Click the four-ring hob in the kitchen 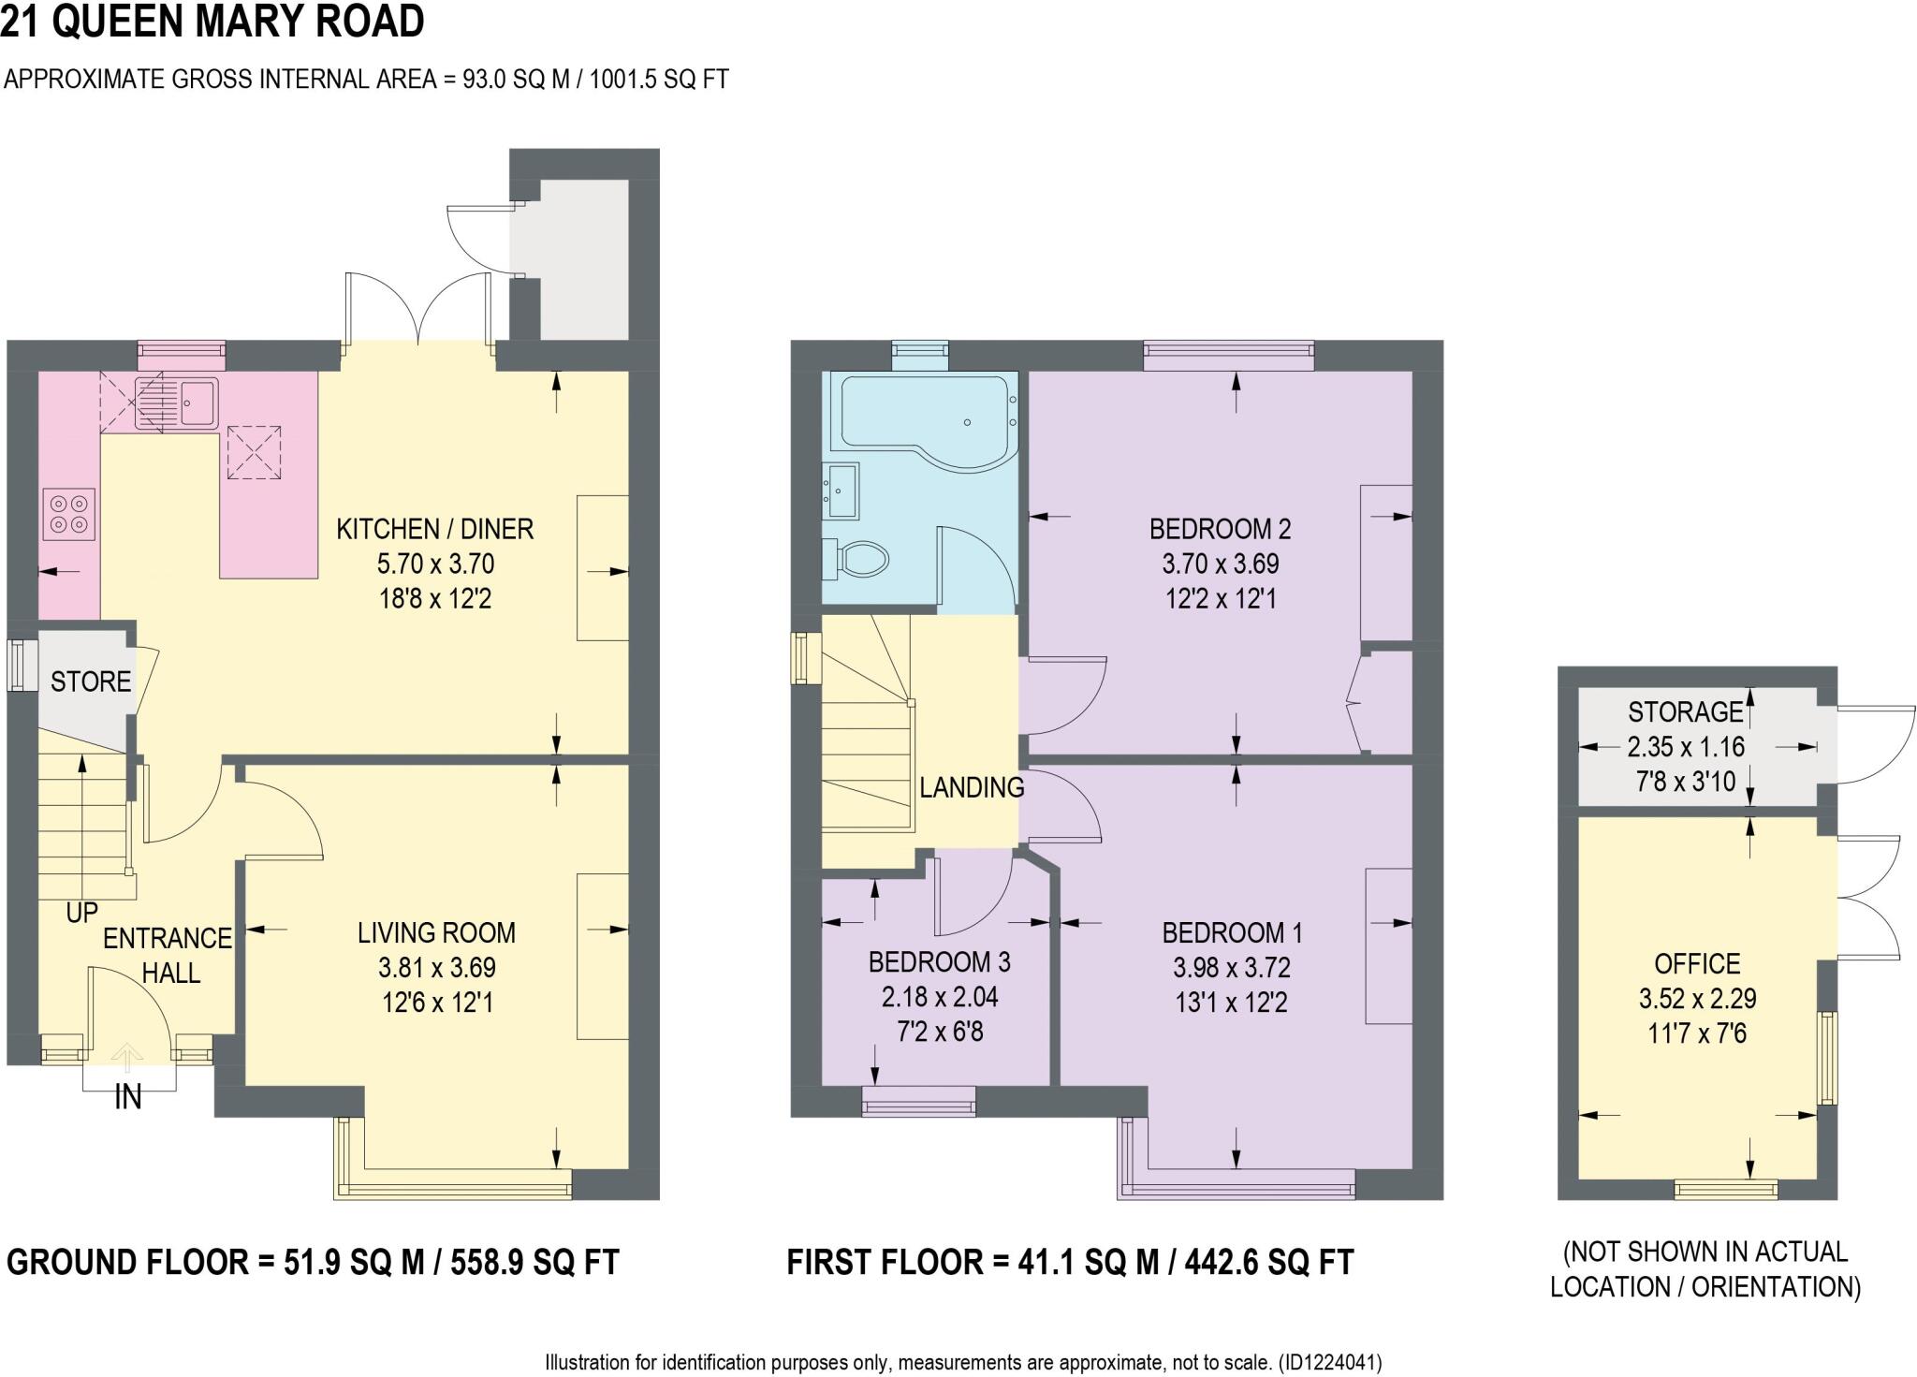69,514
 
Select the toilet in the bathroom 859,560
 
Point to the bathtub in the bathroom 925,412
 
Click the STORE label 90,681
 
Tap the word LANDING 971,787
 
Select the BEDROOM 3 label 939,961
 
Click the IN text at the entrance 127,1097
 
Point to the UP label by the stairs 82,912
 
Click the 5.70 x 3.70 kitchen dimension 435,564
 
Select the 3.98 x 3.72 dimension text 1231,967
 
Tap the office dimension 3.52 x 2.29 1697,998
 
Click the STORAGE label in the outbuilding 1685,712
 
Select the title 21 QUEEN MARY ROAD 212,22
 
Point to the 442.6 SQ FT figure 1269,1262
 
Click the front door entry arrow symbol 127,1059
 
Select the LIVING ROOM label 436,932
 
